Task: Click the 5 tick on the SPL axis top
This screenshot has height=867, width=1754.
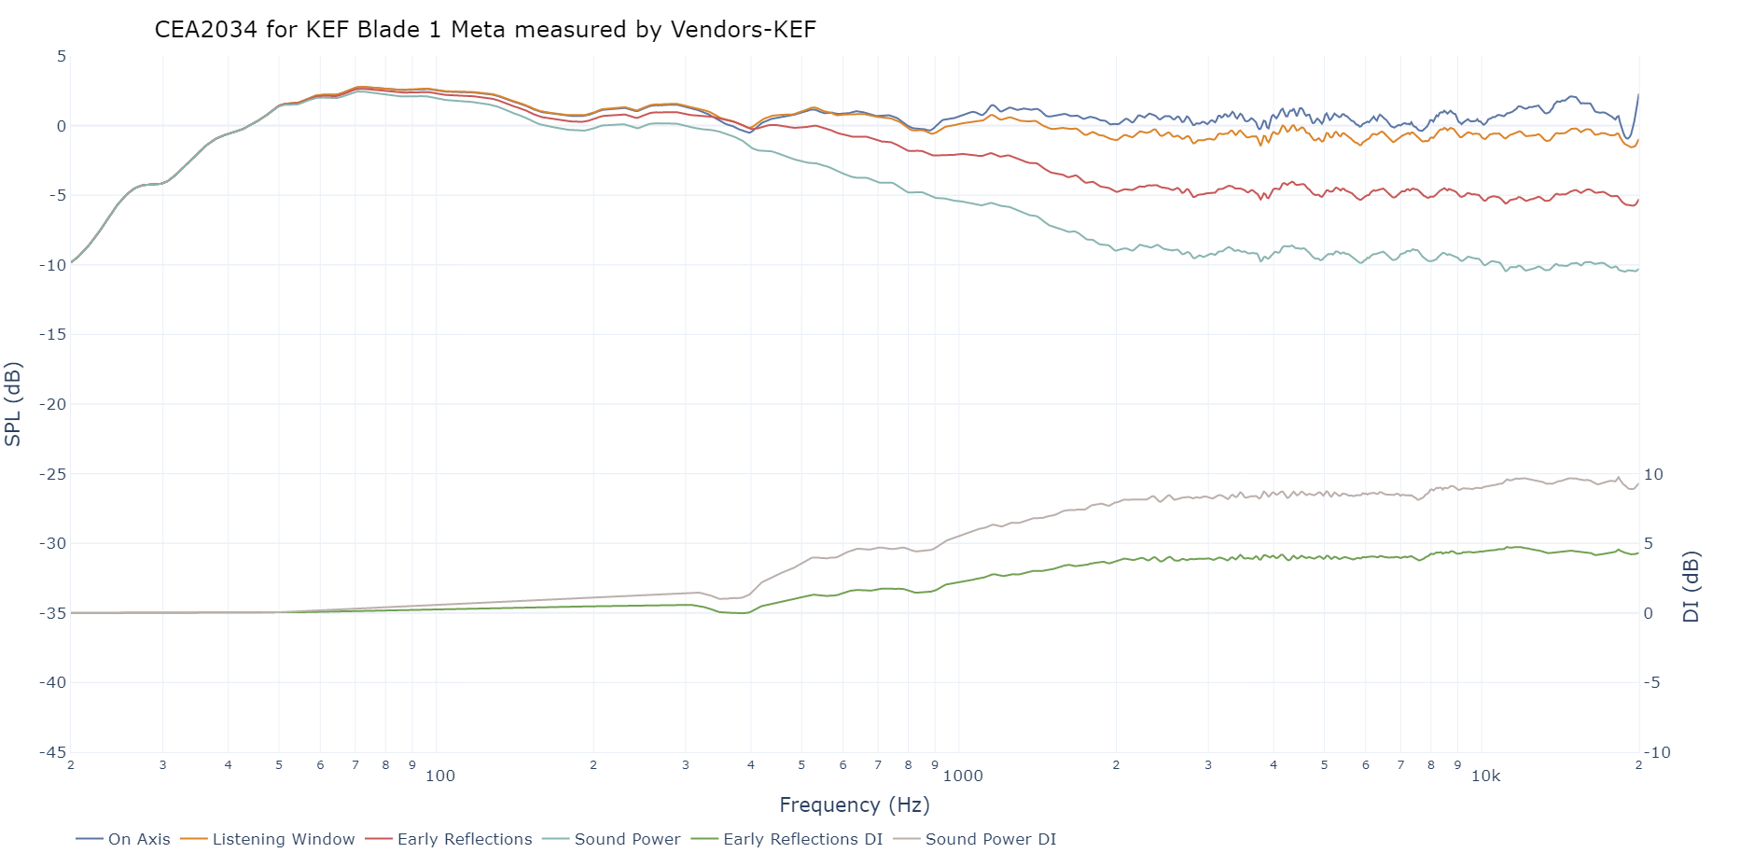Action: tap(62, 56)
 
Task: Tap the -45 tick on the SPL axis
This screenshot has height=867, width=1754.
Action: tap(52, 752)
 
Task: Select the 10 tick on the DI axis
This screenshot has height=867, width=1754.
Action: tap(1653, 474)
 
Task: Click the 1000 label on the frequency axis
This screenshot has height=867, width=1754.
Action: tap(963, 776)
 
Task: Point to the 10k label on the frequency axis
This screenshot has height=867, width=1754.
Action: tap(1485, 776)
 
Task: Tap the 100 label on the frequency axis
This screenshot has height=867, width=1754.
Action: tap(440, 776)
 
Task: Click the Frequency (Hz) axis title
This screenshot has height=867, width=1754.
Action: tap(855, 804)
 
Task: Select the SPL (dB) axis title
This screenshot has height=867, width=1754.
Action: tap(13, 404)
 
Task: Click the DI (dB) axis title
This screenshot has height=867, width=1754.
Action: tap(1691, 586)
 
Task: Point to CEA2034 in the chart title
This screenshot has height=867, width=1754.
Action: tap(205, 30)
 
